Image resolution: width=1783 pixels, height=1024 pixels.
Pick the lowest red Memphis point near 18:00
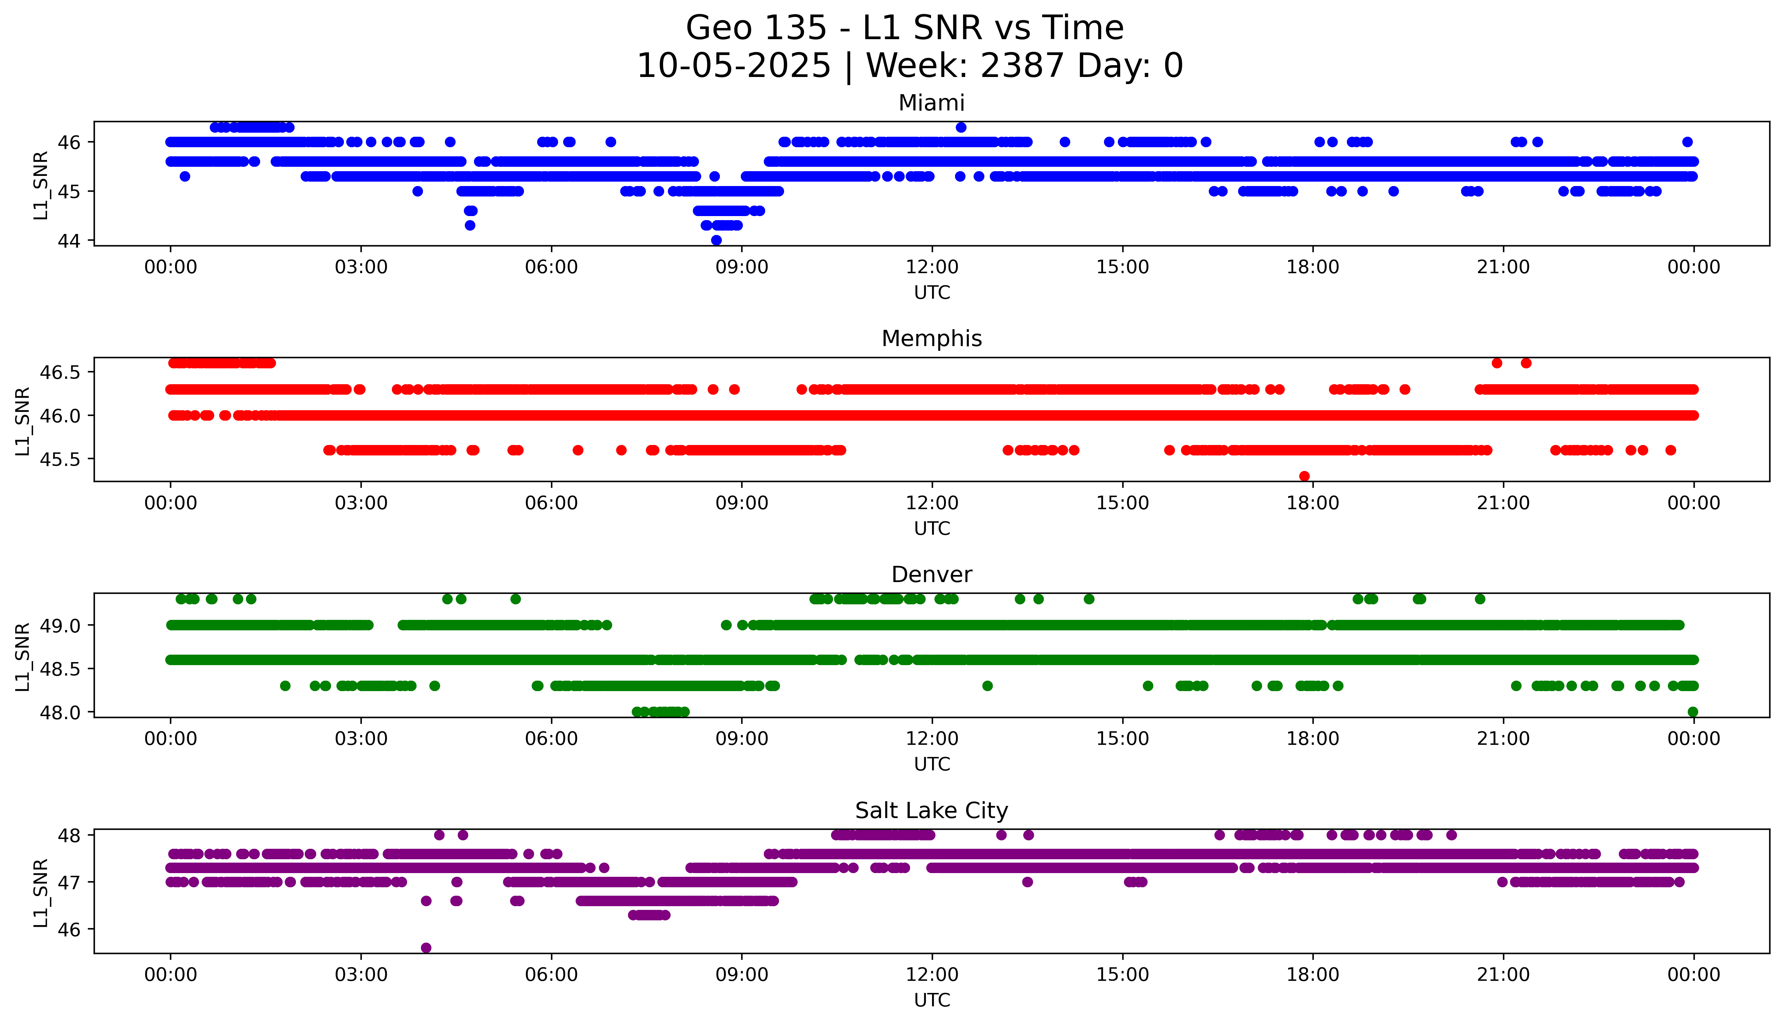coord(1304,476)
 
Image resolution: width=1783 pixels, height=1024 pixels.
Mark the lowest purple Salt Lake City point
coord(426,947)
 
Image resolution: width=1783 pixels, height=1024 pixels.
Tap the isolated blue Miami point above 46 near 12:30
coord(960,127)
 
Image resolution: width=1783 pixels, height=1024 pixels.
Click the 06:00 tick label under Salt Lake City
coord(551,975)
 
